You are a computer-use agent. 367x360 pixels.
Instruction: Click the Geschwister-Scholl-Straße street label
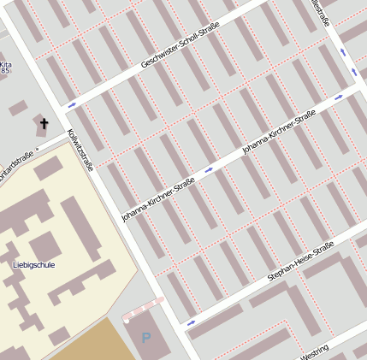(180, 45)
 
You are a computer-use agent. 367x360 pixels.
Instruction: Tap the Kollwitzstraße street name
(80, 150)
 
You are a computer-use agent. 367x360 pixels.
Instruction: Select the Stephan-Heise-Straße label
(299, 262)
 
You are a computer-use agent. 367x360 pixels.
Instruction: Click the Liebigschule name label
(34, 265)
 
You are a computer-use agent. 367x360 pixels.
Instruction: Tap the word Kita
(6, 64)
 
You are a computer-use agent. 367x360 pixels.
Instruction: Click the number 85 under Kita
(5, 71)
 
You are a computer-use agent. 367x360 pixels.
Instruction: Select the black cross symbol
(44, 124)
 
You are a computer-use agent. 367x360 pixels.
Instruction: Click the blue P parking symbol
(146, 339)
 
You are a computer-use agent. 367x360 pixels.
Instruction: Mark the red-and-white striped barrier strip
(144, 308)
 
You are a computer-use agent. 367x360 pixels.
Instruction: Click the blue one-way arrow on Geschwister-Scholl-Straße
(72, 104)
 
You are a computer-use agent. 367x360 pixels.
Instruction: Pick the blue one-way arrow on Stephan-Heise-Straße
(190, 322)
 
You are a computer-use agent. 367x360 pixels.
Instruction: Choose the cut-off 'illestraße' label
(320, 12)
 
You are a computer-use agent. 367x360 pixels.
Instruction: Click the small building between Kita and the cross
(18, 108)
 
